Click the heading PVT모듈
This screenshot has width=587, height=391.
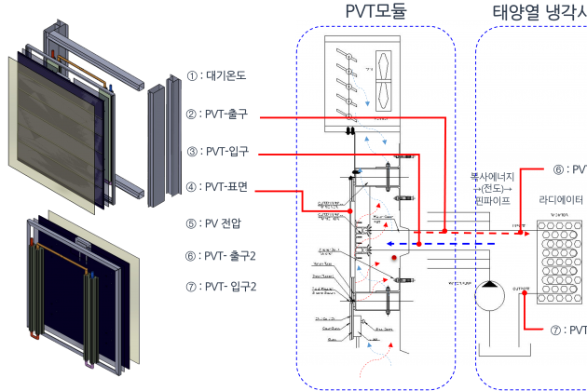coord(374,11)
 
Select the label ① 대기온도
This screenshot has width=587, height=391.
coord(222,74)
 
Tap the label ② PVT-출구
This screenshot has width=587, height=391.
coord(221,115)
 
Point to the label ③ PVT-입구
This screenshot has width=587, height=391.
coord(221,151)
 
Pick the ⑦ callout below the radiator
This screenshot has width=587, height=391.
coord(559,330)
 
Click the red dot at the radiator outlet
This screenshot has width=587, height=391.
coord(523,290)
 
